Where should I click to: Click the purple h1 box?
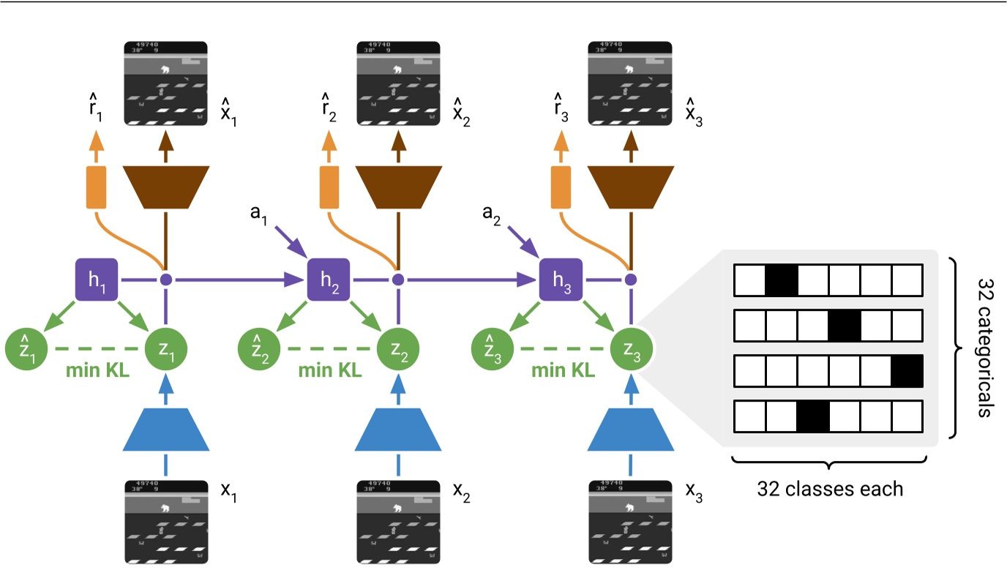tap(97, 279)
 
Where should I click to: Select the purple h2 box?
tap(329, 279)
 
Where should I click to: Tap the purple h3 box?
tap(561, 279)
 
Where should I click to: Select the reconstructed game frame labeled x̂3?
tap(629, 83)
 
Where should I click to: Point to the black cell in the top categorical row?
tap(781, 280)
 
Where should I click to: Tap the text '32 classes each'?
tap(830, 487)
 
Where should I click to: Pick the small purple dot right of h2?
tap(397, 279)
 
